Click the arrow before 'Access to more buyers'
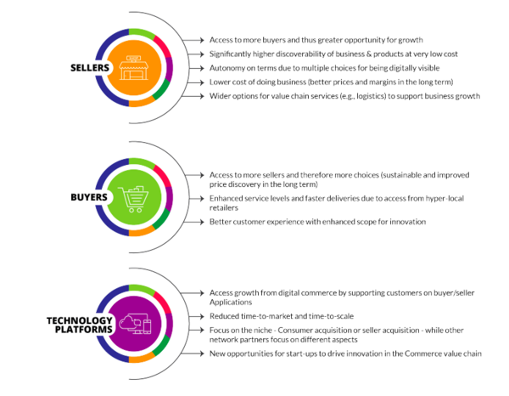click(x=200, y=40)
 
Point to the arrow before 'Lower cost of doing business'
click(x=200, y=82)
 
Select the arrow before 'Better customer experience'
click(x=200, y=222)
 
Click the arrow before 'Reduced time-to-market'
click(x=200, y=314)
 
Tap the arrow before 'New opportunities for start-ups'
click(x=200, y=353)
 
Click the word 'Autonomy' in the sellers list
click(x=227, y=68)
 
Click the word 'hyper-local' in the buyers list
click(x=415, y=198)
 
